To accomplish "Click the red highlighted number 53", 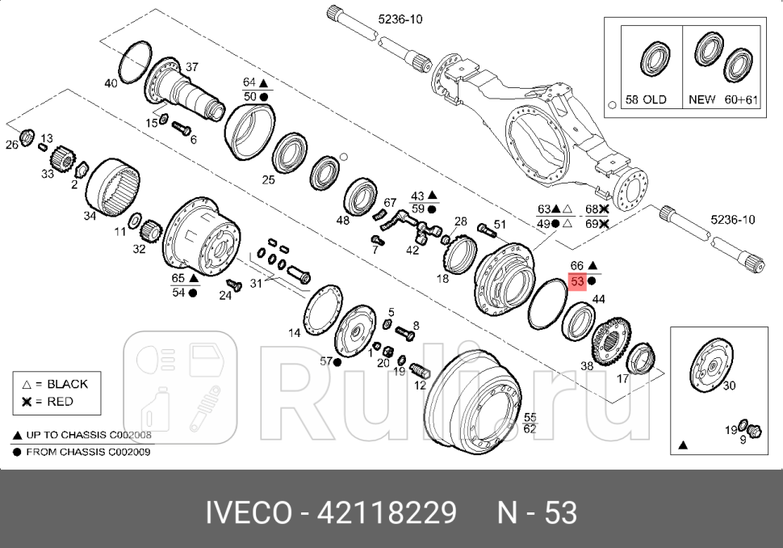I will [577, 282].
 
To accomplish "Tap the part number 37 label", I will [192, 66].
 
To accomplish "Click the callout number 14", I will [295, 332].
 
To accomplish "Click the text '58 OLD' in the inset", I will [647, 100].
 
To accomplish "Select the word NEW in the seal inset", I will [701, 100].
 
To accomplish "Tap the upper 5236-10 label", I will [400, 17].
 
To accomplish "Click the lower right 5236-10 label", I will [732, 219].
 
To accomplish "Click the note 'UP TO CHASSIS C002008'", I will [88, 435].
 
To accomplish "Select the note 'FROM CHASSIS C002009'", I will [88, 452].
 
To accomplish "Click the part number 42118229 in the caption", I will [387, 512].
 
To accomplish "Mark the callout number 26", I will [11, 145].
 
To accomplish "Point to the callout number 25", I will [269, 179].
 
